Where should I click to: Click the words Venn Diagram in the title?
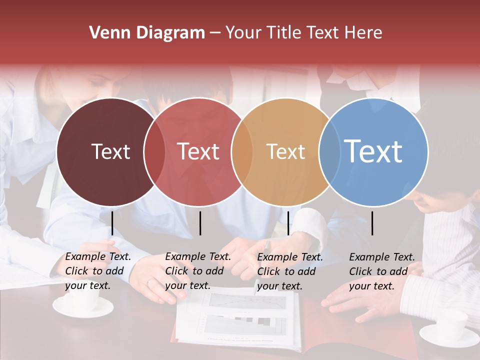point(146,33)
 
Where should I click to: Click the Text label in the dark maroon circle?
point(110,151)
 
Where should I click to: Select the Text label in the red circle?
point(198,151)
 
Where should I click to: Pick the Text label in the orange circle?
point(285,151)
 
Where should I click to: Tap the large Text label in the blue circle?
point(373,151)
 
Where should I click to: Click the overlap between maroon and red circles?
point(154,151)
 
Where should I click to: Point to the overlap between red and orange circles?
point(242,151)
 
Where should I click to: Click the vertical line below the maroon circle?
point(112,223)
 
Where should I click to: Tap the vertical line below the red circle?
point(200,223)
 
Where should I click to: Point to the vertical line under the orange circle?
point(288,223)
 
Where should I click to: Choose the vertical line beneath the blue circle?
point(372,223)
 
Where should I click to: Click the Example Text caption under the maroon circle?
point(97,271)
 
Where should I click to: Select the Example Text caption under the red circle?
point(197,271)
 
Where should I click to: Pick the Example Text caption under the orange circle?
point(289,271)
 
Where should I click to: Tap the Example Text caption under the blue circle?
point(381,271)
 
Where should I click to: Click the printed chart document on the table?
point(240,320)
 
